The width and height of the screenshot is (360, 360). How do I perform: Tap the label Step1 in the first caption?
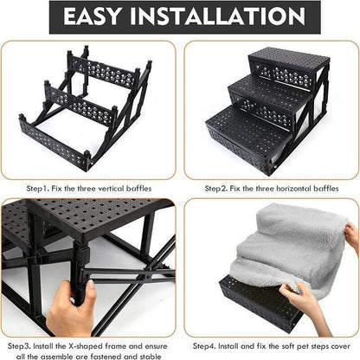(39, 187)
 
